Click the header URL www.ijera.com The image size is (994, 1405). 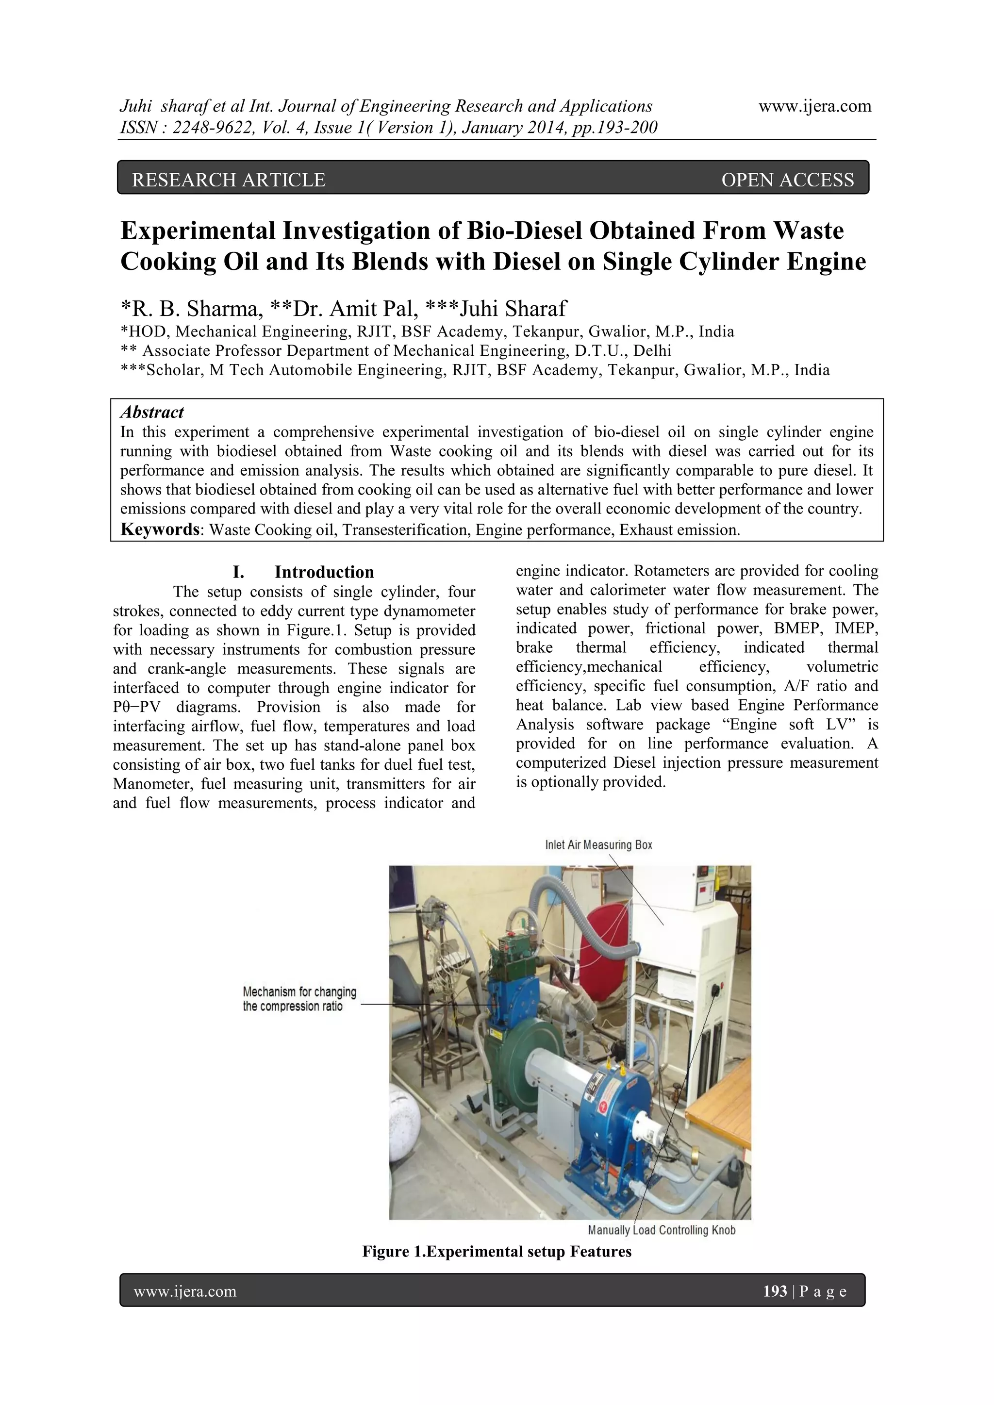[x=815, y=106]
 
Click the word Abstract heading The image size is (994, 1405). [x=152, y=412]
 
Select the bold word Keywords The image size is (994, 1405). [x=159, y=529]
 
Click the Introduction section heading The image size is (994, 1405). [x=324, y=572]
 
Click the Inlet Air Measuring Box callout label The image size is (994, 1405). [x=598, y=845]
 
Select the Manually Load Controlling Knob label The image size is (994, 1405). [x=661, y=1230]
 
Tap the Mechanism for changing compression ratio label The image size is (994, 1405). [x=299, y=999]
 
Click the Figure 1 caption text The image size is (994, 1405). [x=497, y=1252]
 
